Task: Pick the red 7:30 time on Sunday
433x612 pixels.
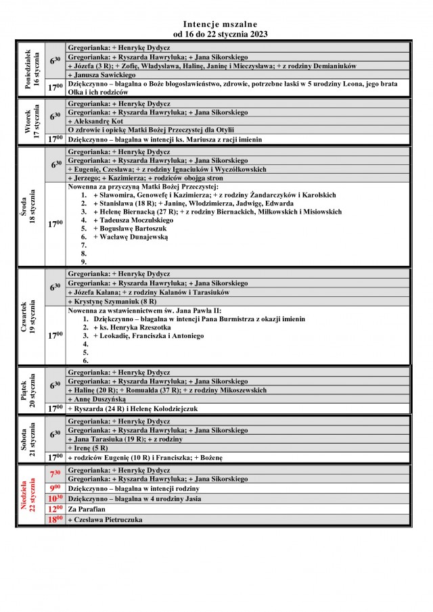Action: [x=55, y=475]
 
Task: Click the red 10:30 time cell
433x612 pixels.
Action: [x=55, y=498]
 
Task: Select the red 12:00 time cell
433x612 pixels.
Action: [x=55, y=509]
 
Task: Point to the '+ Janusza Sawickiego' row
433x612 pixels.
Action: [x=102, y=75]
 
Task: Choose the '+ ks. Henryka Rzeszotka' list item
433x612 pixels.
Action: [x=131, y=327]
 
